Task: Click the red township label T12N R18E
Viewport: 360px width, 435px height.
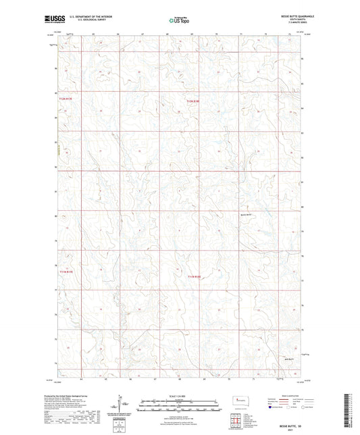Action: click(x=194, y=101)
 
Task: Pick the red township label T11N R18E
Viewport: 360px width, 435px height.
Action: click(x=195, y=276)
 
